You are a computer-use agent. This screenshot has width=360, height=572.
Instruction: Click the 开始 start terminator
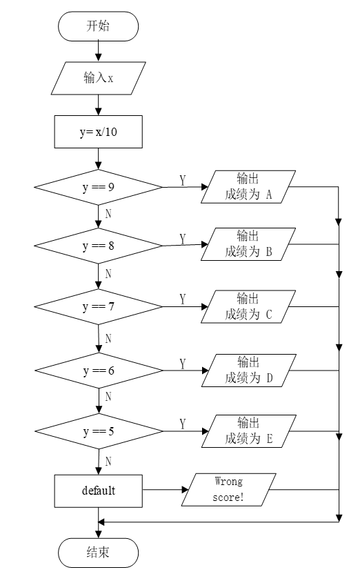click(98, 26)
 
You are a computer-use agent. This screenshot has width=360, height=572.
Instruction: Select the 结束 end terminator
click(98, 552)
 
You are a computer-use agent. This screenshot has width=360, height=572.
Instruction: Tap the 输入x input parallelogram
click(98, 78)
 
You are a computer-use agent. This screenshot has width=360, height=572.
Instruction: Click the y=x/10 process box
click(98, 132)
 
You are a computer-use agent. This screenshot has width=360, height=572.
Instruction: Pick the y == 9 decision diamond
click(98, 187)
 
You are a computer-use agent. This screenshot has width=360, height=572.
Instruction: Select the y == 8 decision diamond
click(98, 246)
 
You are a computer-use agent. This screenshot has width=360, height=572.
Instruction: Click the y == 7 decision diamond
click(98, 307)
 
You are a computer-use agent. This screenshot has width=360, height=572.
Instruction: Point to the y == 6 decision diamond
click(99, 371)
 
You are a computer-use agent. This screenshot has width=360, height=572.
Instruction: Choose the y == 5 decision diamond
click(99, 431)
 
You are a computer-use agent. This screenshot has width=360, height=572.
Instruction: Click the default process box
click(98, 491)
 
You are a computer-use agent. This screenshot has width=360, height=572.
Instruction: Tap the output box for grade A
click(248, 187)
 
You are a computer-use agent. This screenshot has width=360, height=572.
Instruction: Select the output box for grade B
click(248, 244)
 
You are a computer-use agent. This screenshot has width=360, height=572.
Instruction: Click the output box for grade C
click(248, 307)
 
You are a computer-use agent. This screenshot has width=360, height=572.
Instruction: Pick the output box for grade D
click(249, 371)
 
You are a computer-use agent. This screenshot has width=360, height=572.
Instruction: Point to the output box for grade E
click(249, 431)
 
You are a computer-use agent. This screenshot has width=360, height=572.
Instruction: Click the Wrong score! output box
click(229, 490)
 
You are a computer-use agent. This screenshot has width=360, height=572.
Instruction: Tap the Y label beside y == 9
click(182, 180)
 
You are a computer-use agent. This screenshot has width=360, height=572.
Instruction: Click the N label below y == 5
click(108, 462)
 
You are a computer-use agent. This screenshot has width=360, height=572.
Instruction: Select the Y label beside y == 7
click(182, 299)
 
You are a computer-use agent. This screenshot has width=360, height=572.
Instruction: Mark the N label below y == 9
click(108, 213)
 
